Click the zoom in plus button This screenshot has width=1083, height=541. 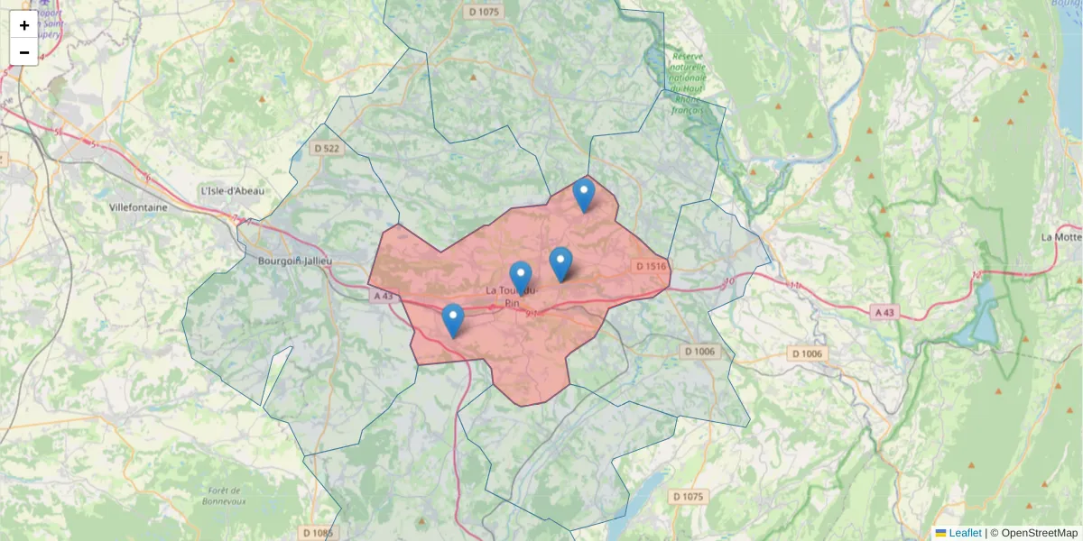tap(24, 25)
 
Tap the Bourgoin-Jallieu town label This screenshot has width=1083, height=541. tap(295, 261)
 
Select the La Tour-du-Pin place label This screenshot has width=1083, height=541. tap(511, 297)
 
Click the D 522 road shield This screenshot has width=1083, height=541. tap(327, 148)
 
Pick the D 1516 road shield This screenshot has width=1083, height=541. tap(651, 266)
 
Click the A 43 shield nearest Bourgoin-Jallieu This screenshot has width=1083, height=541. tap(384, 295)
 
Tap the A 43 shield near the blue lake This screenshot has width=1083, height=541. tap(885, 312)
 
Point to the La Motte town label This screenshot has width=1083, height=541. tap(1060, 237)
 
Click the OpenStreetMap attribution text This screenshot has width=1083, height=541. tap(1039, 533)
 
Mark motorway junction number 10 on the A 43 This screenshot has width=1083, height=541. tap(729, 283)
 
